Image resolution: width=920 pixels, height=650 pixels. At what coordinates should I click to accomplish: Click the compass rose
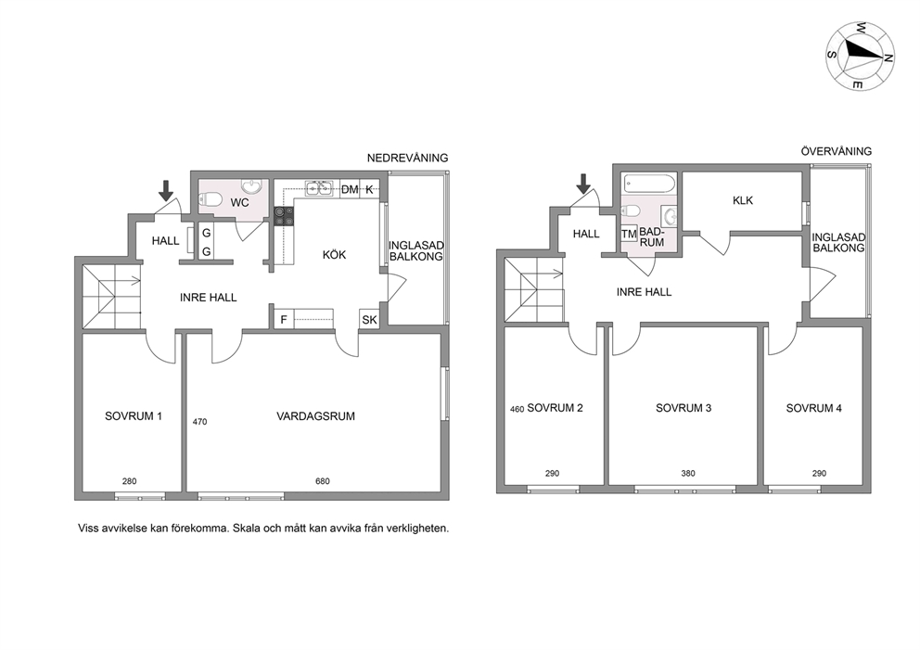pyautogui.click(x=860, y=56)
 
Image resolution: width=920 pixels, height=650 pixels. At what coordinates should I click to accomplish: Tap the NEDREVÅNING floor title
pyautogui.click(x=407, y=158)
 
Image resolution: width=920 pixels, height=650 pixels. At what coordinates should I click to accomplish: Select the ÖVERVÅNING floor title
pyautogui.click(x=837, y=151)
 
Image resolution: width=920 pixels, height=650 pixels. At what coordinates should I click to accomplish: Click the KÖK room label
pyautogui.click(x=335, y=255)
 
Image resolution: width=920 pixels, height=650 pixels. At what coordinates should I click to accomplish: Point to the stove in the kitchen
pyautogui.click(x=284, y=216)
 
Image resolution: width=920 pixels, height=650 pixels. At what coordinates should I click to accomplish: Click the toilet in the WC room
pyautogui.click(x=210, y=202)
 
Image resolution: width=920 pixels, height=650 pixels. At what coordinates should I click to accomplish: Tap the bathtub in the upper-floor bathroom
pyautogui.click(x=648, y=185)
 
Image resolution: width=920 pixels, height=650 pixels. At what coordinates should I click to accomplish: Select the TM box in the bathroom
pyautogui.click(x=629, y=234)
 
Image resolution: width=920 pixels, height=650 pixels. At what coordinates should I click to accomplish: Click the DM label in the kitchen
pyautogui.click(x=350, y=189)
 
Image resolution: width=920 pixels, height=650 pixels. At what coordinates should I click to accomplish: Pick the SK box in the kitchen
pyautogui.click(x=370, y=320)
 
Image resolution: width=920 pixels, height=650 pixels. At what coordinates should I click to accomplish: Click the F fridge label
pyautogui.click(x=284, y=320)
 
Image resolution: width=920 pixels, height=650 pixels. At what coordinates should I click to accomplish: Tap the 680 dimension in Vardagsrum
pyautogui.click(x=323, y=481)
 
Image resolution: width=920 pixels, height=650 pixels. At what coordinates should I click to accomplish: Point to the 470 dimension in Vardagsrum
pyautogui.click(x=199, y=421)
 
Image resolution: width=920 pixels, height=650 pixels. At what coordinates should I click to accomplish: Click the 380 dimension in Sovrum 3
pyautogui.click(x=687, y=473)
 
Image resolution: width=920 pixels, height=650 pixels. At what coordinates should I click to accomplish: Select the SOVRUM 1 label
pyautogui.click(x=134, y=416)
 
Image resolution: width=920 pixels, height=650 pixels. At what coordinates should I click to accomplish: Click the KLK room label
pyautogui.click(x=743, y=200)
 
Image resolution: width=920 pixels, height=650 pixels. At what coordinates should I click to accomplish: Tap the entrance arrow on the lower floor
pyautogui.click(x=166, y=190)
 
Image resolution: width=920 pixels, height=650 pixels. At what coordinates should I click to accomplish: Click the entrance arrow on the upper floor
pyautogui.click(x=583, y=184)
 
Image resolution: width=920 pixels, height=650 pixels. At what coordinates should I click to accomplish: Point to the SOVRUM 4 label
pyautogui.click(x=813, y=408)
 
